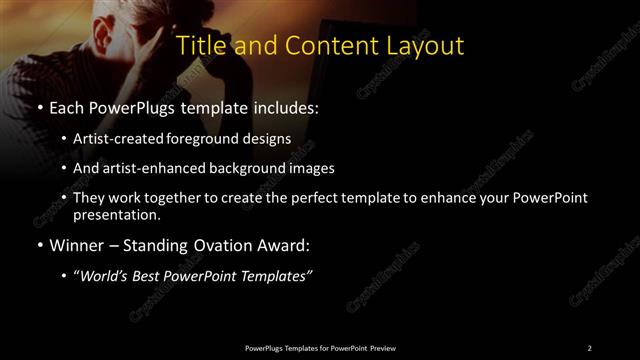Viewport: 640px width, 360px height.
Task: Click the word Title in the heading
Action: [x=200, y=46]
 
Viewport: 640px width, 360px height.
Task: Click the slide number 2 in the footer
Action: [x=589, y=347]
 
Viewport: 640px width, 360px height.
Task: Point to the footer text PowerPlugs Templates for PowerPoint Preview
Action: [x=319, y=347]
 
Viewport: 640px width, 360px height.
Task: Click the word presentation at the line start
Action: [x=116, y=214]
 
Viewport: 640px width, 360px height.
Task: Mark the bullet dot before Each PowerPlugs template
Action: [x=38, y=105]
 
